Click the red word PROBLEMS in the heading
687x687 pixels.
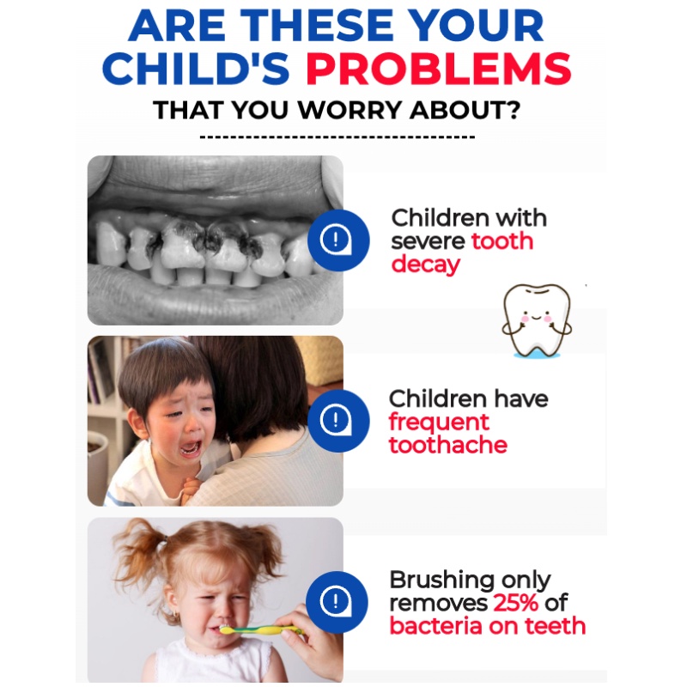[439, 69]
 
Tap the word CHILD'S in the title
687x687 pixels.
[196, 69]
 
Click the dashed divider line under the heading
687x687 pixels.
[337, 137]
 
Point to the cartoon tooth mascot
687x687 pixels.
[536, 320]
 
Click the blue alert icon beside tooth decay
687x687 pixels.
[338, 240]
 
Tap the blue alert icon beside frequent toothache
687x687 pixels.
[338, 421]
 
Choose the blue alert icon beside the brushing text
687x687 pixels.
[337, 602]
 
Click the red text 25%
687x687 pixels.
[516, 603]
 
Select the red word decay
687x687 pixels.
[425, 265]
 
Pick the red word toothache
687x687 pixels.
[448, 445]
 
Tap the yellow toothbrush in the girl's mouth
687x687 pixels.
[261, 630]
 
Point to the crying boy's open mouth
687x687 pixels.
[191, 447]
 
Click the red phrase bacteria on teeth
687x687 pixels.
[488, 626]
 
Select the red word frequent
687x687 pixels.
[439, 423]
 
